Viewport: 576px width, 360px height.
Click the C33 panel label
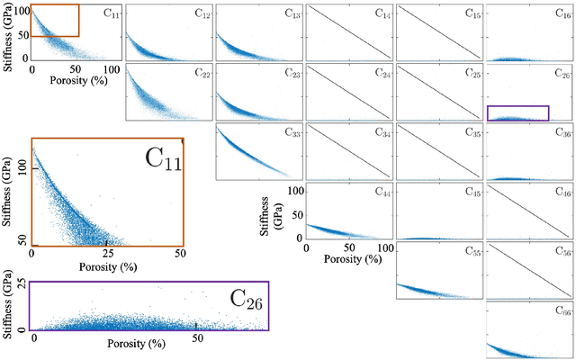pos(292,133)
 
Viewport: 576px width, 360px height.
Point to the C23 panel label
pos(292,74)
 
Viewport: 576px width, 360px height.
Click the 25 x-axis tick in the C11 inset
pos(107,254)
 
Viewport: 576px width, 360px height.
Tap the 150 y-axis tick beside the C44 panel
pos(293,191)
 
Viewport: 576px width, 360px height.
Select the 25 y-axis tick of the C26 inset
pos(19,285)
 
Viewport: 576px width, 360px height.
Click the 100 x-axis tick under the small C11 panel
pos(111,69)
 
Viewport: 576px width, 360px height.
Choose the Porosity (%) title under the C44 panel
pos(346,259)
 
